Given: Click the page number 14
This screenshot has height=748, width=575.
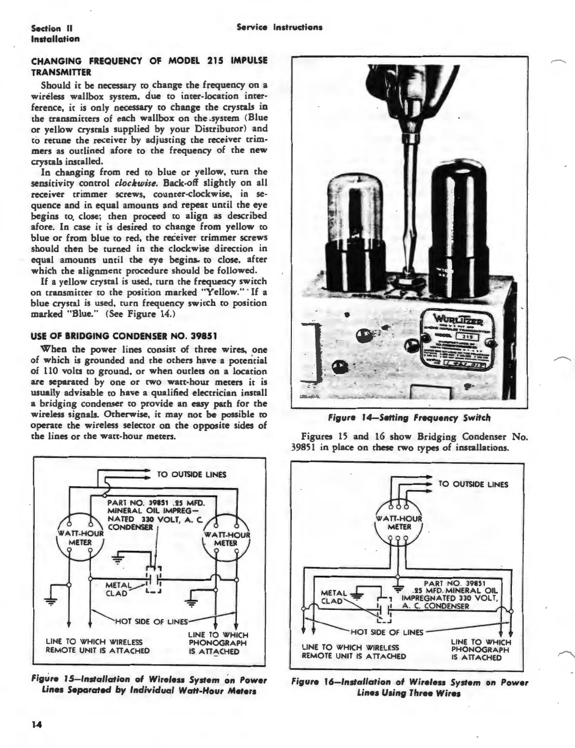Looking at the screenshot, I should point(36,726).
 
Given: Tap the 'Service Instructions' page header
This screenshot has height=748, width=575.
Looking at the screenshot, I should point(279,27).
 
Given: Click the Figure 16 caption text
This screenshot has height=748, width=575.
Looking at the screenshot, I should point(409,688).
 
